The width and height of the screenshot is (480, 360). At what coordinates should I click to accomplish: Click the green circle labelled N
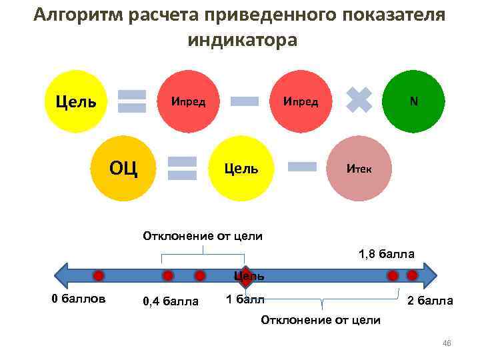[x=414, y=102]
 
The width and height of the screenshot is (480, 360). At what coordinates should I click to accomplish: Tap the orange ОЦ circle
[x=123, y=167]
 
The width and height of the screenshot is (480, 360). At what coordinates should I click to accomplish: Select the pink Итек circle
[x=360, y=168]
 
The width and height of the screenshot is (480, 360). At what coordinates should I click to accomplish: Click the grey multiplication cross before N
[x=359, y=101]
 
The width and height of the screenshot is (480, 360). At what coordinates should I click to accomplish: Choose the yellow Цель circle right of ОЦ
[x=241, y=168]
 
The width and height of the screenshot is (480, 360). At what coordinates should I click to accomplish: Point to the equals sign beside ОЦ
[x=182, y=168]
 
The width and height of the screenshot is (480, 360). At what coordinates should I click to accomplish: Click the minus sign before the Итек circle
[x=301, y=167]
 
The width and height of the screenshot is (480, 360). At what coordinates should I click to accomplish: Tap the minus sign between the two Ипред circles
[x=244, y=101]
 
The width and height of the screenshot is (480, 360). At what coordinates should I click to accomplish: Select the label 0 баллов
[x=79, y=298]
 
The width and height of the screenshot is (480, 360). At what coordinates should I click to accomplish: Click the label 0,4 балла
[x=171, y=301]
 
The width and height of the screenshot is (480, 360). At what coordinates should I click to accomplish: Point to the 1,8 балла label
[x=387, y=254]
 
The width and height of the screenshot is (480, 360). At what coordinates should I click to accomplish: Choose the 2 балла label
[x=430, y=301]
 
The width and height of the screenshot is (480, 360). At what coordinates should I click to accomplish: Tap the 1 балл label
[x=245, y=299]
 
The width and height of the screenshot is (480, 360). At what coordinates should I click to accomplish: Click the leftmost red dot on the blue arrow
[x=98, y=275]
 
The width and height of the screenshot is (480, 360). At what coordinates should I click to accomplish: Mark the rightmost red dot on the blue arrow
[x=412, y=275]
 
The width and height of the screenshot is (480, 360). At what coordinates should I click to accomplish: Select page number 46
[x=447, y=343]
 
